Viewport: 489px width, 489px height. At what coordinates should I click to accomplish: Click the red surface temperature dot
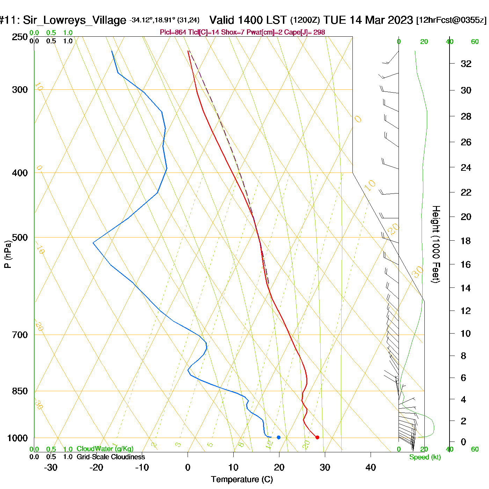click(317, 437)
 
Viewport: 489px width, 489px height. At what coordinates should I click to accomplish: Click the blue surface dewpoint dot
click(278, 437)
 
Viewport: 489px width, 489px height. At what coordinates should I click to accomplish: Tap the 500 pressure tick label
click(20, 238)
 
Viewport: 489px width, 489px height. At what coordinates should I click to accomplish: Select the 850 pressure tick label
click(20, 391)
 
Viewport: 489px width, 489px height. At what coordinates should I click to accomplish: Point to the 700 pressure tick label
click(20, 335)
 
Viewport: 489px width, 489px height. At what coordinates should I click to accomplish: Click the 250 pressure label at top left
click(20, 37)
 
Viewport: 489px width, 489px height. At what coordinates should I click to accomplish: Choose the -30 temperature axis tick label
click(51, 467)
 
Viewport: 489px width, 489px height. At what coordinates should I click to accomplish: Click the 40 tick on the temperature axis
click(371, 467)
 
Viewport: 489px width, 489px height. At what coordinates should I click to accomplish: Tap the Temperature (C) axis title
click(242, 479)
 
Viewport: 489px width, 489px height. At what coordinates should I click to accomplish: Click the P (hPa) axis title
click(8, 254)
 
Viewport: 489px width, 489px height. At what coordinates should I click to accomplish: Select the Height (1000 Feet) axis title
click(436, 244)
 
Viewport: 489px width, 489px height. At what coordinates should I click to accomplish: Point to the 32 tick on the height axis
click(466, 64)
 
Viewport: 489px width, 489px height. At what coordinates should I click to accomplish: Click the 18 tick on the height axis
click(466, 241)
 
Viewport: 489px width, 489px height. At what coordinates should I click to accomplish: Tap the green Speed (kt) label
click(425, 457)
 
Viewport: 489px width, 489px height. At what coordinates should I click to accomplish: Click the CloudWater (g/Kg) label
click(105, 449)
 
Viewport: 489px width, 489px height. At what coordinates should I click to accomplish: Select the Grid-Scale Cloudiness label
click(111, 457)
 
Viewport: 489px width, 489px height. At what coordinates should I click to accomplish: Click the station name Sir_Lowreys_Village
click(74, 20)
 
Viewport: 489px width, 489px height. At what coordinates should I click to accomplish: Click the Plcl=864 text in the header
click(173, 32)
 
